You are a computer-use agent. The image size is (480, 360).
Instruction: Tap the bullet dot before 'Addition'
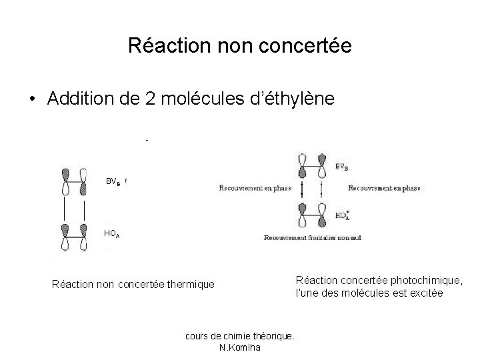click(31, 99)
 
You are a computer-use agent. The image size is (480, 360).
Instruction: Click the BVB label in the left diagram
click(114, 181)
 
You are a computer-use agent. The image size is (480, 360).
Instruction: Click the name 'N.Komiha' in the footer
click(240, 347)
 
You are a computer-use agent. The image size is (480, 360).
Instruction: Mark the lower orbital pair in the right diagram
click(311, 215)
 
